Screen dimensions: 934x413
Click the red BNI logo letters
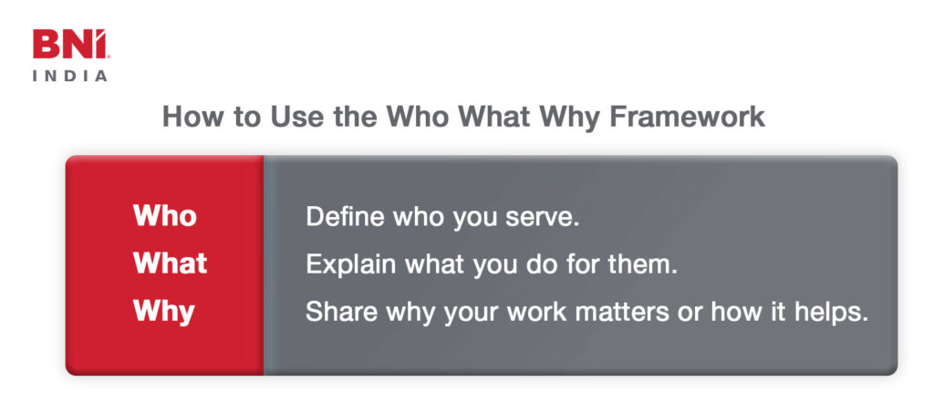(x=71, y=45)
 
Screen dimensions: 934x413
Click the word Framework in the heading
(x=688, y=117)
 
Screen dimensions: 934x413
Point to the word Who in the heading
(x=419, y=117)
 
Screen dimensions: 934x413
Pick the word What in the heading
(x=493, y=117)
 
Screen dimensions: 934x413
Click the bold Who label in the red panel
(x=165, y=215)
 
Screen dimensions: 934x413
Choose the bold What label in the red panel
(x=171, y=263)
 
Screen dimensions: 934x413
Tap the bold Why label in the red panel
(x=164, y=312)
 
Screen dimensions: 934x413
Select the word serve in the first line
(x=542, y=219)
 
